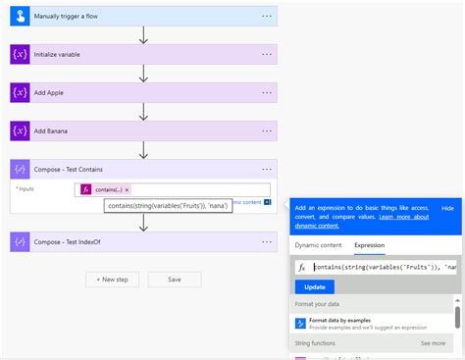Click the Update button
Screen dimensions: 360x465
tap(314, 287)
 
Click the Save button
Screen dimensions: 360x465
tap(175, 280)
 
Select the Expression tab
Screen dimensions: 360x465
tap(368, 244)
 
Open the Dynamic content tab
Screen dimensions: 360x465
tap(319, 244)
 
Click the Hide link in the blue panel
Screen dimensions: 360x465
tap(447, 209)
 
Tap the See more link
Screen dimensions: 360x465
tap(433, 343)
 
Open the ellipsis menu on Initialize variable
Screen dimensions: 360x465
tap(267, 55)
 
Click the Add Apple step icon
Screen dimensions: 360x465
tap(21, 92)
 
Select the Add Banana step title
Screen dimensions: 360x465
tap(52, 130)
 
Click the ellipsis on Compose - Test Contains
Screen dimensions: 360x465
tap(267, 169)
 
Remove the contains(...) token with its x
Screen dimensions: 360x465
tap(126, 189)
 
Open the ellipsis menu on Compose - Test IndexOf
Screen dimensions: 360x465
tap(267, 241)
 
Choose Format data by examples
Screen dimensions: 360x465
tap(340, 321)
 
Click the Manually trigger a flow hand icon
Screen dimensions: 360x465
tap(21, 17)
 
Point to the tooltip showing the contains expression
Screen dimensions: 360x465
tap(169, 206)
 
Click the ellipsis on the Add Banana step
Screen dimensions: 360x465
tap(267, 130)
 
